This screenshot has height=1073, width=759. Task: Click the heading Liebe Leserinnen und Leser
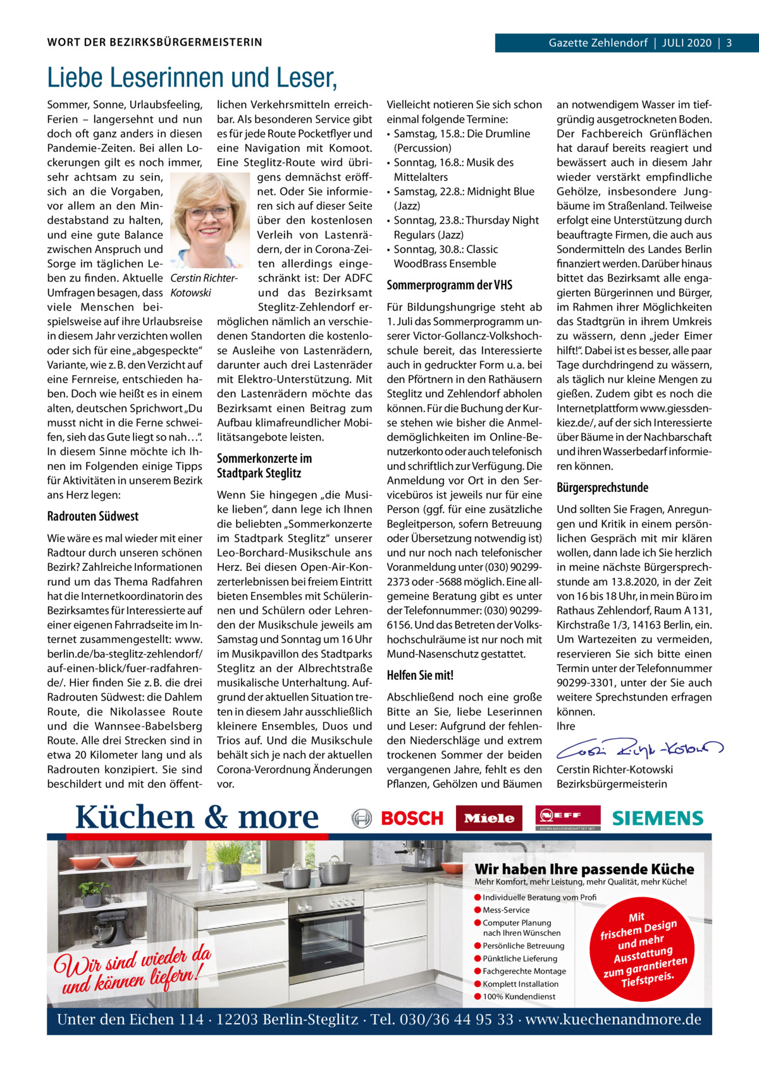click(192, 78)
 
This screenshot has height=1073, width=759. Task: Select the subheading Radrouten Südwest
click(92, 517)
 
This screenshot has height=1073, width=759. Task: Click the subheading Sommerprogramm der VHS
click(449, 285)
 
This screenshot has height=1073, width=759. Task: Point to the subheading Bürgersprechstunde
click(602, 487)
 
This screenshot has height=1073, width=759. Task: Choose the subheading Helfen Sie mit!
click(420, 675)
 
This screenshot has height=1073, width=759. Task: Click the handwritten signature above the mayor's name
click(639, 750)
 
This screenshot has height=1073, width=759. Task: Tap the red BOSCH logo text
click(412, 818)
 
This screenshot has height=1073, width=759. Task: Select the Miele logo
click(489, 818)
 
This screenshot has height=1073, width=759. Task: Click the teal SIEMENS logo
click(658, 818)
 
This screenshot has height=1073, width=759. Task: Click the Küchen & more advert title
click(197, 817)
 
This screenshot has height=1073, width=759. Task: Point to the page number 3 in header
click(729, 43)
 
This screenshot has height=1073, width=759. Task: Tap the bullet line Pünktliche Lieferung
click(519, 959)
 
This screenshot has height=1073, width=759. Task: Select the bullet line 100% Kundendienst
click(519, 996)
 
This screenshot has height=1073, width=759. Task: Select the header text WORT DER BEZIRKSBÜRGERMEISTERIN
click(154, 43)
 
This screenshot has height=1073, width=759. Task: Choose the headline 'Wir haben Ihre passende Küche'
click(584, 869)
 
